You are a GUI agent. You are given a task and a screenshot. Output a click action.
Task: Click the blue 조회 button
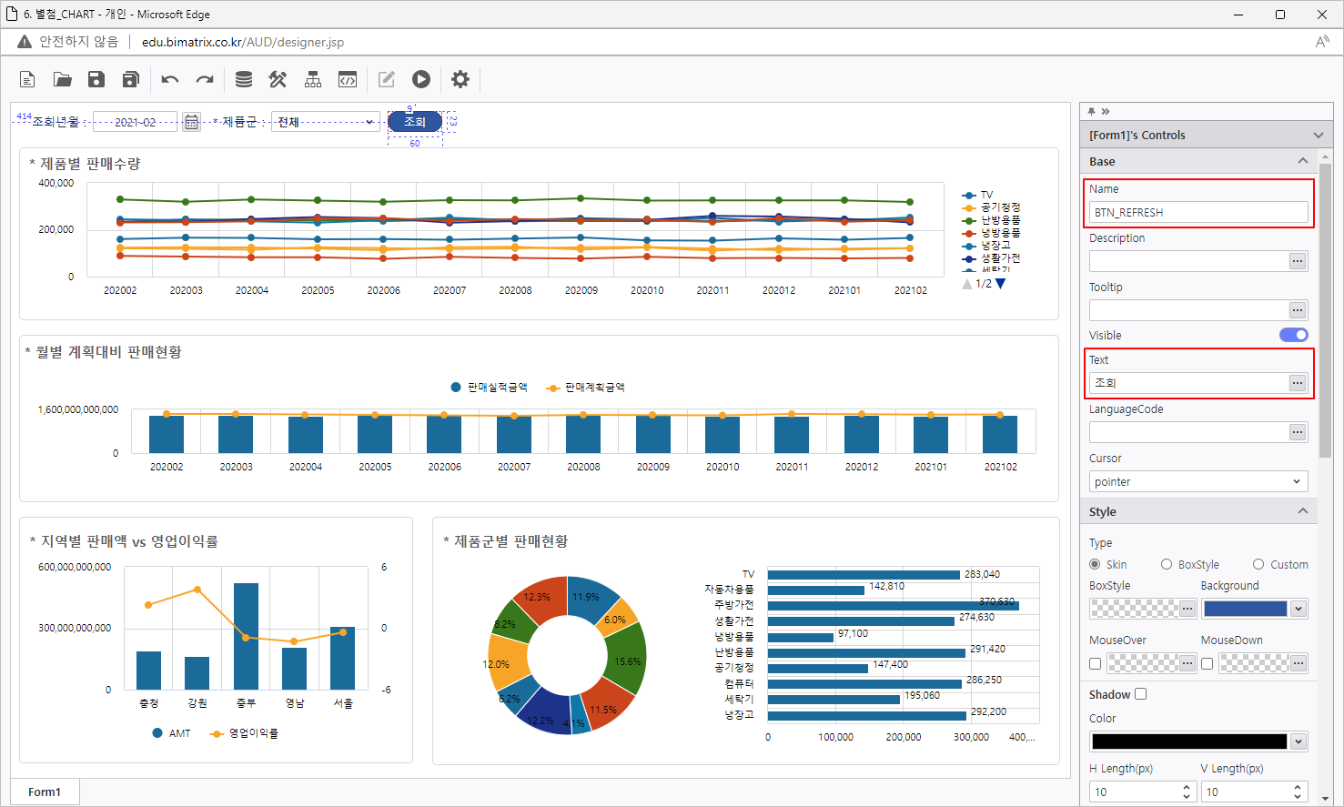point(415,122)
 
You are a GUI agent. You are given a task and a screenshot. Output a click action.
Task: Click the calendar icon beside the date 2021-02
point(191,122)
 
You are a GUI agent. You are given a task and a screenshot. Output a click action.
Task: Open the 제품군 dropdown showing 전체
point(325,122)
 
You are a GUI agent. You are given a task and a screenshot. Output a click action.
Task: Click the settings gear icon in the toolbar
point(460,80)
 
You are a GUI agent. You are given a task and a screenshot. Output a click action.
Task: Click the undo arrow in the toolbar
point(170,80)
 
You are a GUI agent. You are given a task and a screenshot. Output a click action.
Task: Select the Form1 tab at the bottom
point(45,792)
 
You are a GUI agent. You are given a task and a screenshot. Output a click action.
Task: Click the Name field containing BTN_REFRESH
point(1197,212)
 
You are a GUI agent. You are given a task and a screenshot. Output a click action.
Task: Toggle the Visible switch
point(1293,335)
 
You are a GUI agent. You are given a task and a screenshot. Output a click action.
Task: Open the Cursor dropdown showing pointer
point(1197,481)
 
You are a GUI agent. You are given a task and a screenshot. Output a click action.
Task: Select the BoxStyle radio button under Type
point(1167,564)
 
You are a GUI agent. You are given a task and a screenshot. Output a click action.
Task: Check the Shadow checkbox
point(1141,694)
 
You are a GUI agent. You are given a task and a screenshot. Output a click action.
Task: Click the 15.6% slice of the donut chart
point(627,661)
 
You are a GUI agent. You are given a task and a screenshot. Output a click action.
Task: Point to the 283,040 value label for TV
point(982,574)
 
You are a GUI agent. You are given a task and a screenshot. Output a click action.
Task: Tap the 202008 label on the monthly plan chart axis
point(583,467)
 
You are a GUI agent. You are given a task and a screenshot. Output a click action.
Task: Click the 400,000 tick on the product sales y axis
point(56,183)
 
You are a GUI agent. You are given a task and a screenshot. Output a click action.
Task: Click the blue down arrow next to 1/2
point(1001,284)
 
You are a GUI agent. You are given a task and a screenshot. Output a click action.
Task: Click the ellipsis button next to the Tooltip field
point(1298,310)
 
